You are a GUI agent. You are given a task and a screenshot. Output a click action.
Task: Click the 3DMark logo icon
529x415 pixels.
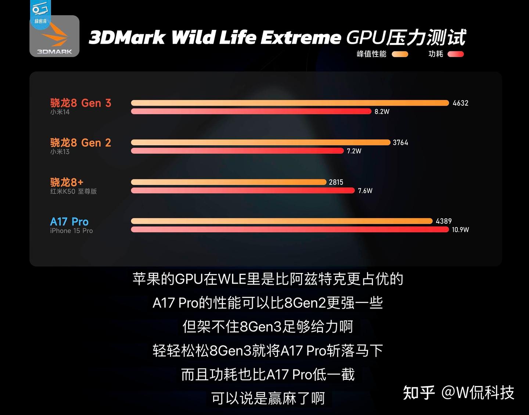54,36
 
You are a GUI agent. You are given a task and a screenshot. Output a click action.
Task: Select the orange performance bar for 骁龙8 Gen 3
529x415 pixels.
290,103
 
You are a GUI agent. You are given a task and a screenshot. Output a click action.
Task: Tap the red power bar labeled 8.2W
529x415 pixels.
251,111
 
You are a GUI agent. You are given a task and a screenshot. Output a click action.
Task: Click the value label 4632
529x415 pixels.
460,103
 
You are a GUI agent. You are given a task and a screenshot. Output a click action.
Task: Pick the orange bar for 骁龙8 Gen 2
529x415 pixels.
260,142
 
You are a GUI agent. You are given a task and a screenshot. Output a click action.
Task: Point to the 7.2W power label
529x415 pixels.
354,151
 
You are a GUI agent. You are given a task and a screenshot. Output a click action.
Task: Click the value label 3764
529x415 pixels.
400,143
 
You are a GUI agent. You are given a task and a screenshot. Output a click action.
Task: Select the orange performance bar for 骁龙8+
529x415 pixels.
228,182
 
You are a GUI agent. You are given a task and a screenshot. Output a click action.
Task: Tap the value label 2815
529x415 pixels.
336,182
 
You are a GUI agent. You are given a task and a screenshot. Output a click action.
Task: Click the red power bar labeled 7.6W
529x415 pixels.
243,191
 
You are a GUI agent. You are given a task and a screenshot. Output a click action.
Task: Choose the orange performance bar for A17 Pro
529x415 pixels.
282,221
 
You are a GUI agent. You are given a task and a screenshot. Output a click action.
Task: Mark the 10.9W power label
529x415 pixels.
460,230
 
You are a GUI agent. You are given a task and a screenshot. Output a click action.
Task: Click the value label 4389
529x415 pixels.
444,221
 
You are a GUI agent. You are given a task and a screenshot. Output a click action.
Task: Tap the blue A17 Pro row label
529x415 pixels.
69,222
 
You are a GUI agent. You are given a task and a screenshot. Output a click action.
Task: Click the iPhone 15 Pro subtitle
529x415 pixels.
71,231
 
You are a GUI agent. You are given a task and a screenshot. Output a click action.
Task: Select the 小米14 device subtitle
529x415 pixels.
60,112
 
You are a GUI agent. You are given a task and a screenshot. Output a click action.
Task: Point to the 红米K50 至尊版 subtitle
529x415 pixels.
73,191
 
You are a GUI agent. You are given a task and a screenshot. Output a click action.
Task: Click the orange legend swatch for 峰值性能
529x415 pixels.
400,54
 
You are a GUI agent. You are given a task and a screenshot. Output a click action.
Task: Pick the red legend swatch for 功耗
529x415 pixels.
456,54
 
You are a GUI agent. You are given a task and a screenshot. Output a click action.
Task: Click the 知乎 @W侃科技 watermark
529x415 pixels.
458,393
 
